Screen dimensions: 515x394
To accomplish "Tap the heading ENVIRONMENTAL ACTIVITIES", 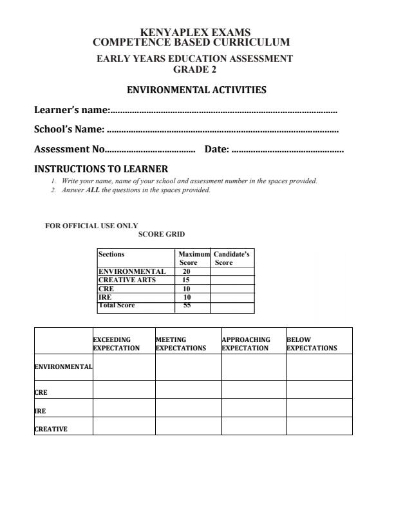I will pyautogui.click(x=196, y=90).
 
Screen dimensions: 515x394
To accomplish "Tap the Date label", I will pyautogui.click(x=216, y=149).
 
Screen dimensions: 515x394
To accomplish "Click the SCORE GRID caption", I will pyautogui.click(x=162, y=235).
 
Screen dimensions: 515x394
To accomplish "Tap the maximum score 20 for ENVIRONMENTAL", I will pyautogui.click(x=187, y=272).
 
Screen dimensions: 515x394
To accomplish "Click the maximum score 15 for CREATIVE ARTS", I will pyautogui.click(x=187, y=280).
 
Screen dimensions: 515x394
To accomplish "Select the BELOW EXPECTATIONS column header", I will pyautogui.click(x=312, y=343).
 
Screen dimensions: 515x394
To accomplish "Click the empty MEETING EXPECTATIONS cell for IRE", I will pyautogui.click(x=188, y=408).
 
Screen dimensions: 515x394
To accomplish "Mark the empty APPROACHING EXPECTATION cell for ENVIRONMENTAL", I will pyautogui.click(x=254, y=366).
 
